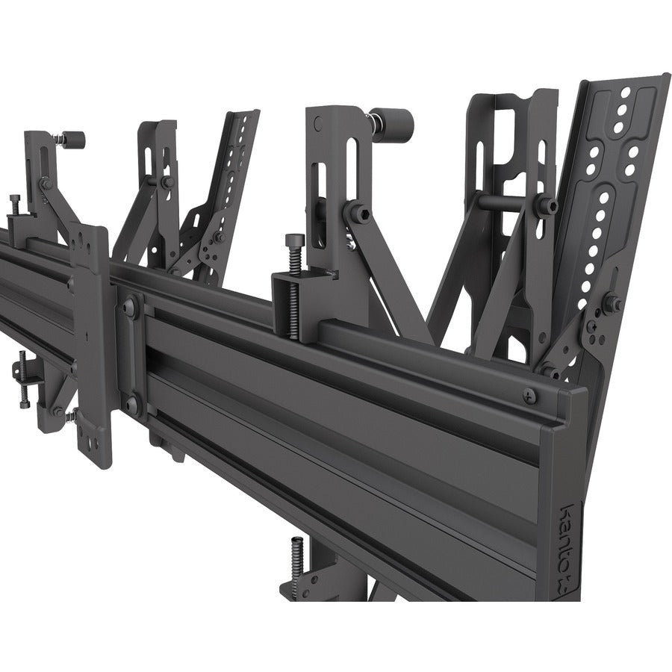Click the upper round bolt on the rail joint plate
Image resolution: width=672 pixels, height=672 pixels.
click(131, 305)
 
